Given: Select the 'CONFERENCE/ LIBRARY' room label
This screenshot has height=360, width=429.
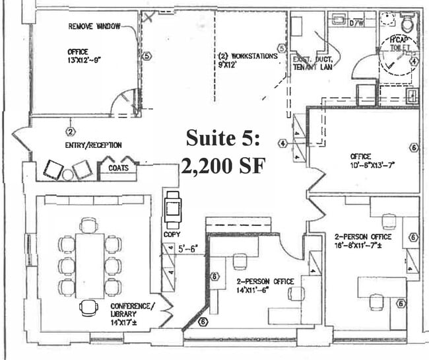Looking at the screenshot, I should click(133, 310).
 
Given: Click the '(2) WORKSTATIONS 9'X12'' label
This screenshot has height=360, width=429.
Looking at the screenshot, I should click(247, 61).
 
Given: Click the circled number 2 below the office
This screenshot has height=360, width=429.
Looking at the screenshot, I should click(69, 122).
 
